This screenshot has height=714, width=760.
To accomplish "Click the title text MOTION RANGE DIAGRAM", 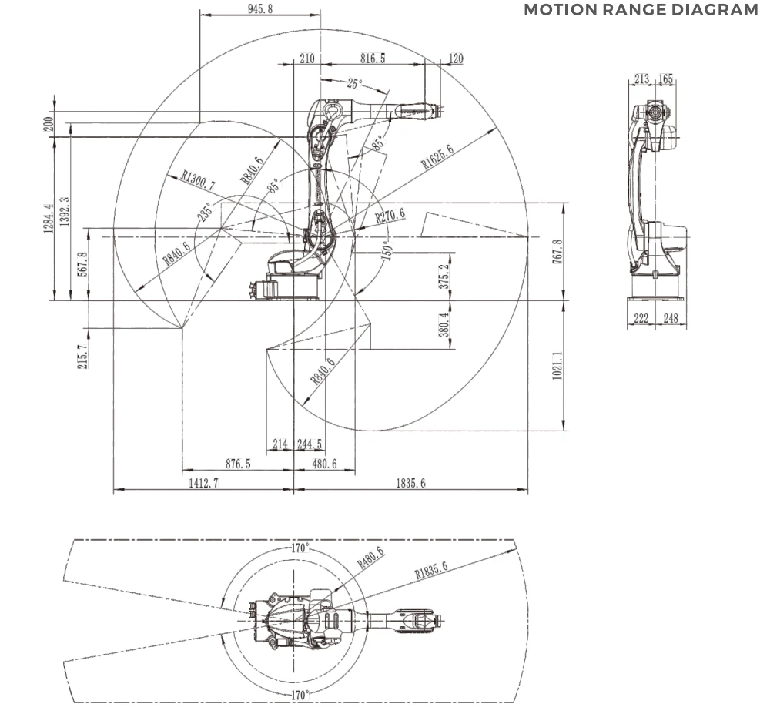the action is pyautogui.click(x=641, y=10).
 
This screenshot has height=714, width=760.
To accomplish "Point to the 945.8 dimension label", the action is pyautogui.click(x=260, y=8).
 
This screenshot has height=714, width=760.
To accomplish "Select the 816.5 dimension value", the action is pyautogui.click(x=373, y=59).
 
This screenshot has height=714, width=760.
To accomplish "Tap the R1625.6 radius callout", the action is pyautogui.click(x=437, y=156).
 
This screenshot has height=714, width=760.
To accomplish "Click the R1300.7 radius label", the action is pyautogui.click(x=198, y=179).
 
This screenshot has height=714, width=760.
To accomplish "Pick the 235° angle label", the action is pyautogui.click(x=205, y=212).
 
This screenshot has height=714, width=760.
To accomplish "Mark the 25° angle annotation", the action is pyautogui.click(x=354, y=84).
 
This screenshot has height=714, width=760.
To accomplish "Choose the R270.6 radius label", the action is pyautogui.click(x=390, y=216).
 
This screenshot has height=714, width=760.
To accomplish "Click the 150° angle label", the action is pyautogui.click(x=387, y=250).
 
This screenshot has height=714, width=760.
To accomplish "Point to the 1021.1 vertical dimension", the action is pyautogui.click(x=557, y=366).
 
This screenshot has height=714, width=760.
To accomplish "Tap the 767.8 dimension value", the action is pyautogui.click(x=557, y=251).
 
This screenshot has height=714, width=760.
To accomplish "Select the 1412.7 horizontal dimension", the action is pyautogui.click(x=203, y=483).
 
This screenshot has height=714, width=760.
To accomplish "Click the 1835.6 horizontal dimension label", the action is pyautogui.click(x=411, y=483).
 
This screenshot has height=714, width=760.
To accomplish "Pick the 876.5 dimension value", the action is pyautogui.click(x=238, y=464).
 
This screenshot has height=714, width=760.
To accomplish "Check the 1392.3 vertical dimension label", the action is pyautogui.click(x=65, y=211).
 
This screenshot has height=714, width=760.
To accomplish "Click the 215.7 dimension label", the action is pyautogui.click(x=82, y=357).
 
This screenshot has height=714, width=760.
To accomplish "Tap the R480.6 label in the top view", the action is pyautogui.click(x=370, y=558).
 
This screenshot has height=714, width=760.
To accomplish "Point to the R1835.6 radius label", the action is pyautogui.click(x=431, y=570).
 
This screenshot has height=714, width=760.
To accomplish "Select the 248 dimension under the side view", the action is pyautogui.click(x=671, y=318).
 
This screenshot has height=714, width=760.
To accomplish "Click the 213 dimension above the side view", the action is pyautogui.click(x=641, y=79).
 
